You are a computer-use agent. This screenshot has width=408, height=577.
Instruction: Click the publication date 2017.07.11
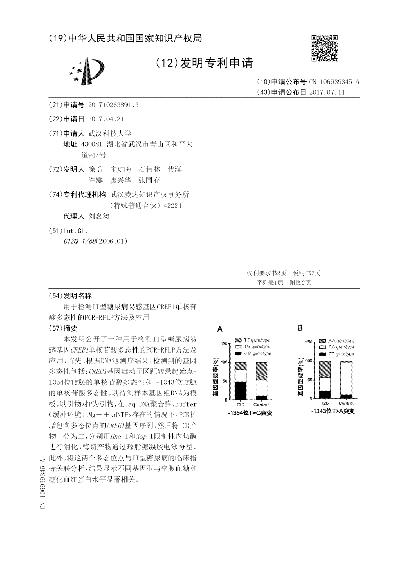327,92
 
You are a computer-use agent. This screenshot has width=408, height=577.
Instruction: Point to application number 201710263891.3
113,105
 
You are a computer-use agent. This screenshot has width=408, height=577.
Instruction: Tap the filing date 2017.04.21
106,119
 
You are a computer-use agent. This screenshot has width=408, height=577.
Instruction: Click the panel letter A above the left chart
220,329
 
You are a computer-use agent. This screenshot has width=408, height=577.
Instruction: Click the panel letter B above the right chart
300,328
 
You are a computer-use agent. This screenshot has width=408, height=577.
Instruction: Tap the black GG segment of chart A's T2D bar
240,391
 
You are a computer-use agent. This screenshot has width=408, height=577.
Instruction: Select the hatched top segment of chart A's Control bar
261,371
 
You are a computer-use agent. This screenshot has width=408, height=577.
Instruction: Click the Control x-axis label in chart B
346,404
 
